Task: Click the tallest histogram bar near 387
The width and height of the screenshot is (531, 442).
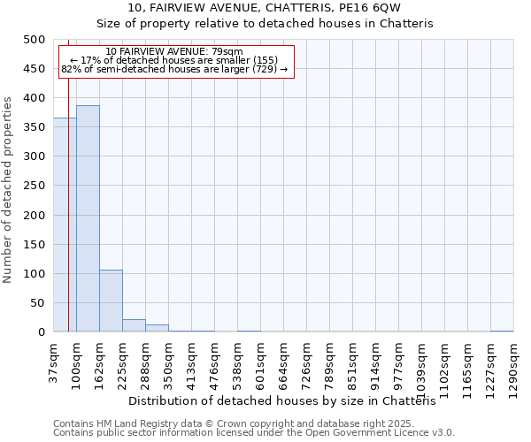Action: (88, 218)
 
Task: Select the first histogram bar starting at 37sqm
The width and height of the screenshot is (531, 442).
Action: (65, 225)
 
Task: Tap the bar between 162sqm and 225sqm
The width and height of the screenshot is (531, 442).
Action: (111, 301)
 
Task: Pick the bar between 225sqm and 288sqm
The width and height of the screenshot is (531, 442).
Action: (134, 325)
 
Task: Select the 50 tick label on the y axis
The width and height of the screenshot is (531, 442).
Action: (37, 303)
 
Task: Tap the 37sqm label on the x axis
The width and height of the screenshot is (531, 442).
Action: (53, 362)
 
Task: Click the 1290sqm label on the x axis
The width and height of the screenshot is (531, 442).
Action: (513, 367)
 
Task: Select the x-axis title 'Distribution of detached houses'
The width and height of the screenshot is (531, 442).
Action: (289, 400)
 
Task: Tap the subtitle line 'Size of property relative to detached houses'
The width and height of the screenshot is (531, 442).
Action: (265, 24)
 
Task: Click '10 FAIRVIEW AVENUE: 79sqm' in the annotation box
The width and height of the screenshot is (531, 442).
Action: (173, 51)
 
